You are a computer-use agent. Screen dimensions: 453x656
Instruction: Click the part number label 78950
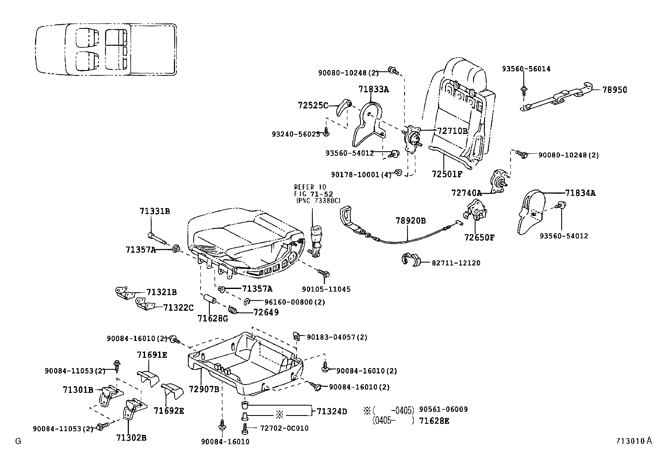pos(615,90)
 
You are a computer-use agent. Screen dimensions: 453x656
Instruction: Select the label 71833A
pos(374,89)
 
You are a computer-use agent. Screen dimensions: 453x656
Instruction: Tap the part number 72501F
pos(447,174)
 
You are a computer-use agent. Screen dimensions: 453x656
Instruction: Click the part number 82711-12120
pos(456,263)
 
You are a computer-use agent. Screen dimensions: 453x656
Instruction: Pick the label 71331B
pos(155,211)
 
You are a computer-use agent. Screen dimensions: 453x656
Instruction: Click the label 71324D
pos(332,411)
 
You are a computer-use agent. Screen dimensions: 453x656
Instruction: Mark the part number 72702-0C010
pos(284,428)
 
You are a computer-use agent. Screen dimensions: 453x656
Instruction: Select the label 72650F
pos(479,238)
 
